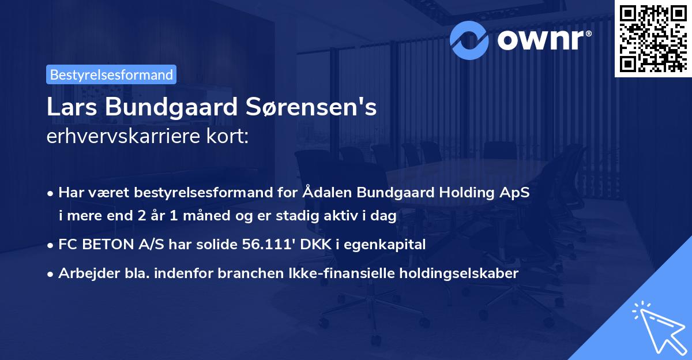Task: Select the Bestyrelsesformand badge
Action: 111,74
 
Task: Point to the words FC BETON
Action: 98,245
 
